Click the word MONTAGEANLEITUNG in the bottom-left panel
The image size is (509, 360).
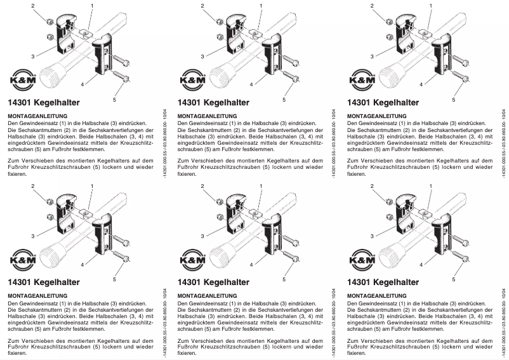[37, 295]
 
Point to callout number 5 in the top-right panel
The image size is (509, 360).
[454, 100]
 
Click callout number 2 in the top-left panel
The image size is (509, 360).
[32, 6]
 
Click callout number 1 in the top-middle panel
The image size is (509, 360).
[263, 6]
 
